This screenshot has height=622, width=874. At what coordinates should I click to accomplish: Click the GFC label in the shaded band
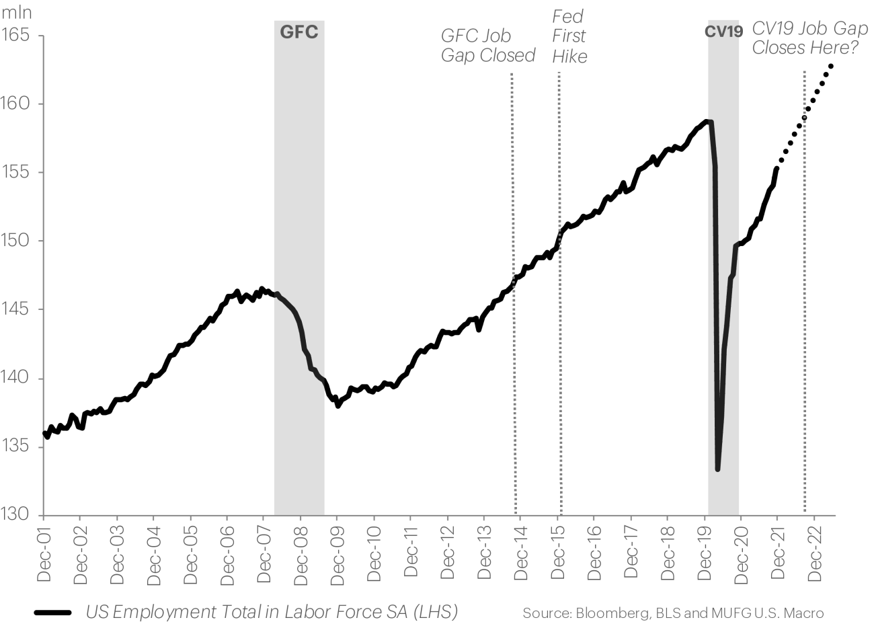pos(299,33)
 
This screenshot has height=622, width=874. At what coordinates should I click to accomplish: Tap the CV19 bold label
pos(723,32)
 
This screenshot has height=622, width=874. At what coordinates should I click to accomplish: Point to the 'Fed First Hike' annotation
pos(569,36)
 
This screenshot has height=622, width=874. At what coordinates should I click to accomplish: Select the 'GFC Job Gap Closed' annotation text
pos(487,46)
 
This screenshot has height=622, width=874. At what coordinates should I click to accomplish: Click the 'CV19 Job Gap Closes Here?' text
pos(809,38)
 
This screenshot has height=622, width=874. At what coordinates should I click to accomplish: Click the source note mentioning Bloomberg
pos(672,613)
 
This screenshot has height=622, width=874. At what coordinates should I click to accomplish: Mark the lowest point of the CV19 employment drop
pos(718,469)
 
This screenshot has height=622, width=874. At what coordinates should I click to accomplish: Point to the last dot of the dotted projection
pos(832,66)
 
